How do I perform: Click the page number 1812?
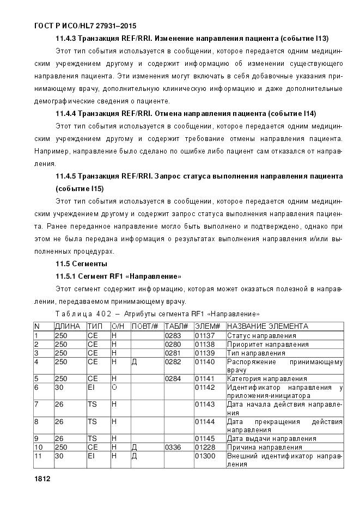41,479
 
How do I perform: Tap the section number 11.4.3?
66,38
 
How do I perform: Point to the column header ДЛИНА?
67,326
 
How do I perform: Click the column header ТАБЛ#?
176,326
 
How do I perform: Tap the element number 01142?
205,387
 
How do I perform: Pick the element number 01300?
205,456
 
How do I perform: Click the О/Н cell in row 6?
114,387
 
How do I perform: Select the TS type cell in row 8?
92,421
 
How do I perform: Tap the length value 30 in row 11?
59,456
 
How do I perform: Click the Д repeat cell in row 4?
134,361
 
